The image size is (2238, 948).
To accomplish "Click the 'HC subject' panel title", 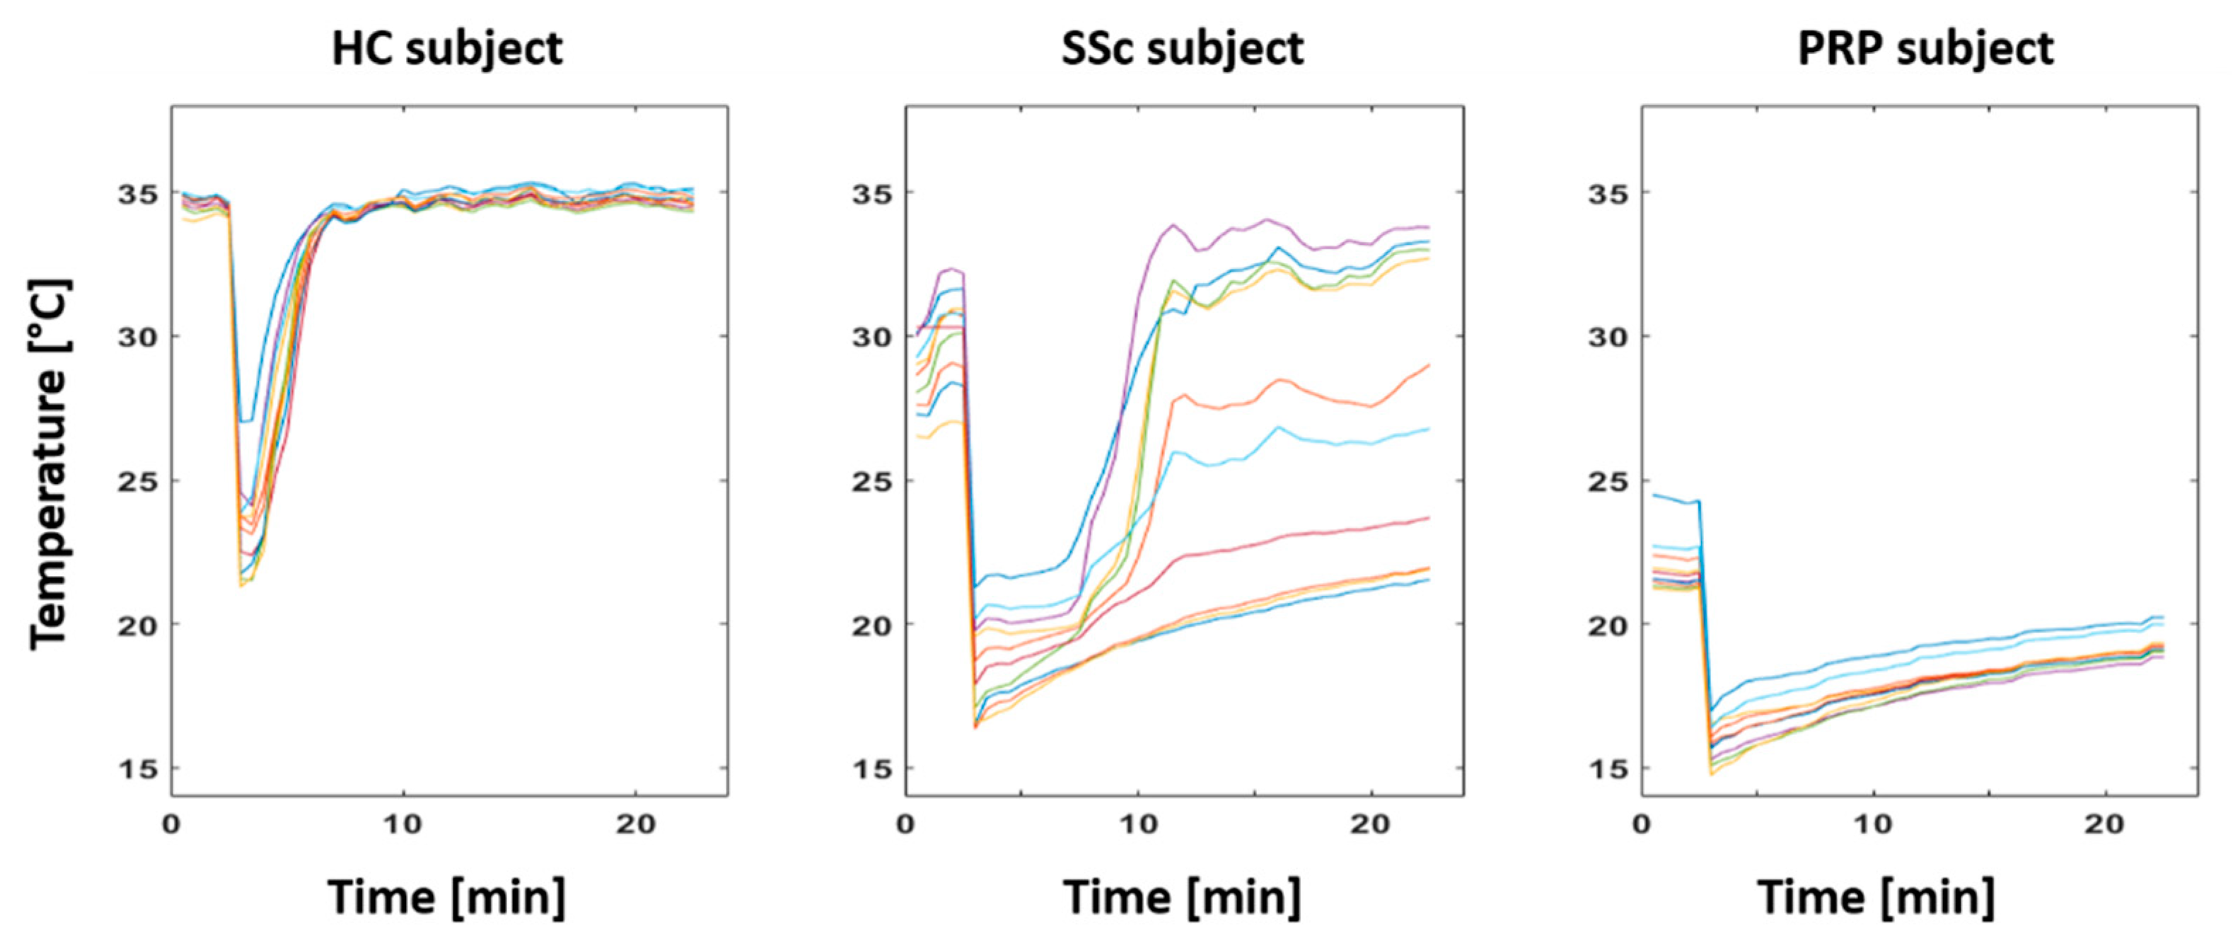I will pyautogui.click(x=448, y=48).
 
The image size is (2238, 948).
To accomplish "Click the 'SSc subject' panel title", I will pyautogui.click(x=1183, y=48).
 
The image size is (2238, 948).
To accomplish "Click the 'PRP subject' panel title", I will pyautogui.click(x=1925, y=48).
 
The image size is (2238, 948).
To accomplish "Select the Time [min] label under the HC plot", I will pyautogui.click(x=448, y=897).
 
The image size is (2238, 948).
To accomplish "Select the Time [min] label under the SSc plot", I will pyautogui.click(x=1183, y=897).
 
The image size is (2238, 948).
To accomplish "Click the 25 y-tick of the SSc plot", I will pyautogui.click(x=872, y=480).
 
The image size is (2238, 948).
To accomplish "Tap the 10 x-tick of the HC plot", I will pyautogui.click(x=403, y=823).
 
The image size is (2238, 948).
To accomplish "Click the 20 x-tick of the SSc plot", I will pyautogui.click(x=1370, y=823).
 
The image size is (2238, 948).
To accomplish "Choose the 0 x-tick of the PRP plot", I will pyautogui.click(x=1642, y=823).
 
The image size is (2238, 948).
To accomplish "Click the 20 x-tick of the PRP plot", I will pyautogui.click(x=2105, y=823).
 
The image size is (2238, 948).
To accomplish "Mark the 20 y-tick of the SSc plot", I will pyautogui.click(x=872, y=625).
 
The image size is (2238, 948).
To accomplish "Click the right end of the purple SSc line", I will pyautogui.click(x=1428, y=228).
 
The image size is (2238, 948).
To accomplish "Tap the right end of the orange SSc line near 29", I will pyautogui.click(x=1428, y=365).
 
